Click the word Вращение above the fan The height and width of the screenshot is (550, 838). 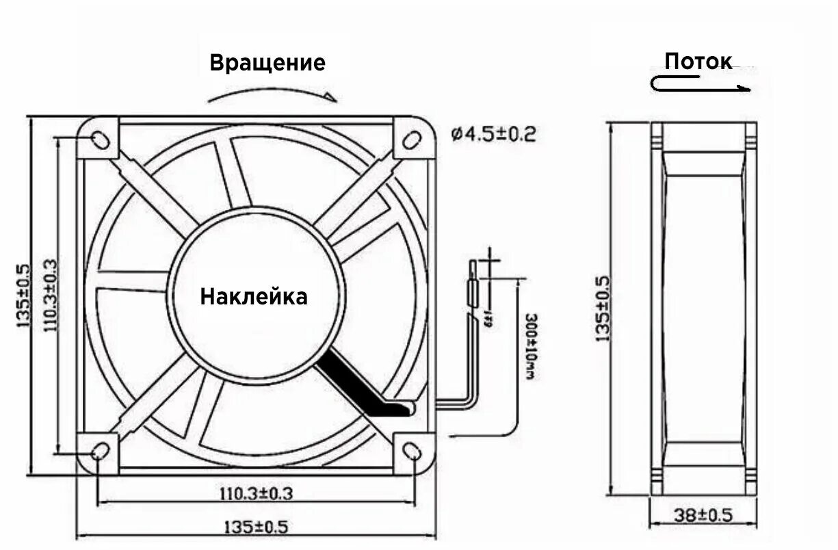267,63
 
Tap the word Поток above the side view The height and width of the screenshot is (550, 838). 698,62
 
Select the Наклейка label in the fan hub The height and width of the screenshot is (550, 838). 254,297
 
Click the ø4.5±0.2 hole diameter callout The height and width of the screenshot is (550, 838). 493,133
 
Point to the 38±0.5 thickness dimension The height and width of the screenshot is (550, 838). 703,515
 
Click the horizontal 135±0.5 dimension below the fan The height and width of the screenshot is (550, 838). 257,527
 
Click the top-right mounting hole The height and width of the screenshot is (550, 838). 411,139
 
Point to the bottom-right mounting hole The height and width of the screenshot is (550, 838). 412,451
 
